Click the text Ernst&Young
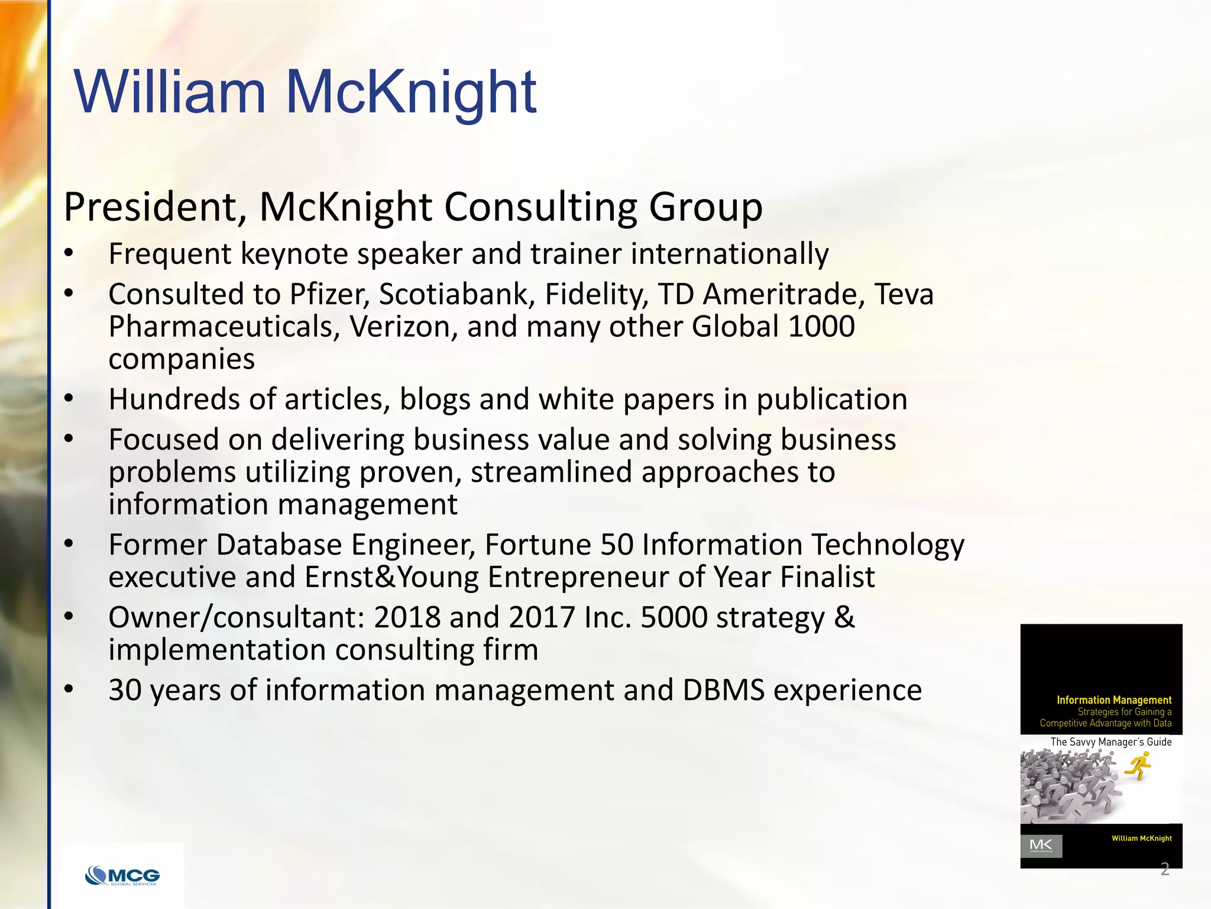click(x=391, y=577)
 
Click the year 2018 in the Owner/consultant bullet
click(x=407, y=617)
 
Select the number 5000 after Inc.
click(x=674, y=617)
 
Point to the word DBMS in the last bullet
click(x=723, y=690)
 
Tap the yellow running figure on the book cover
click(x=1138, y=766)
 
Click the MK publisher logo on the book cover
click(x=1041, y=846)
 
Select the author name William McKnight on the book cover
click(x=1141, y=838)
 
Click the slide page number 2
click(x=1165, y=869)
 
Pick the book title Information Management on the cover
click(x=1114, y=700)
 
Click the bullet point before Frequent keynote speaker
click(x=69, y=254)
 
